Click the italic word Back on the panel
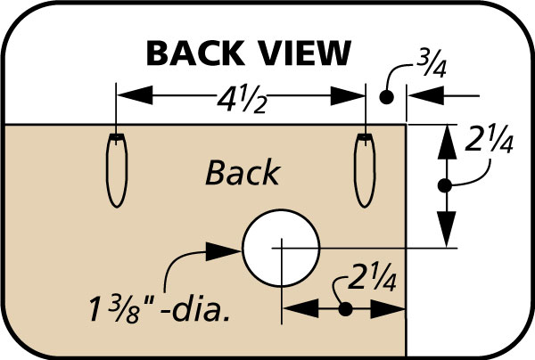(x=243, y=172)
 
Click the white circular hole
(x=281, y=246)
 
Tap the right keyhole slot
(x=364, y=170)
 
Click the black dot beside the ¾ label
(x=386, y=95)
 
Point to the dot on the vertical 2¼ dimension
(x=446, y=184)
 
